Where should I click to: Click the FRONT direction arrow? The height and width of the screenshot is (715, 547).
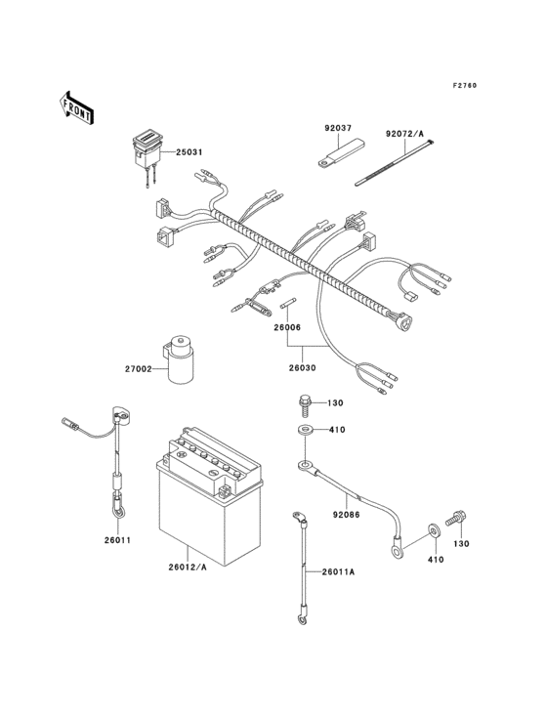point(76,106)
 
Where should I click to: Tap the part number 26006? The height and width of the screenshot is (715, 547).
point(286,328)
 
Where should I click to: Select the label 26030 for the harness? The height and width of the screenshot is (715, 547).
point(303,368)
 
